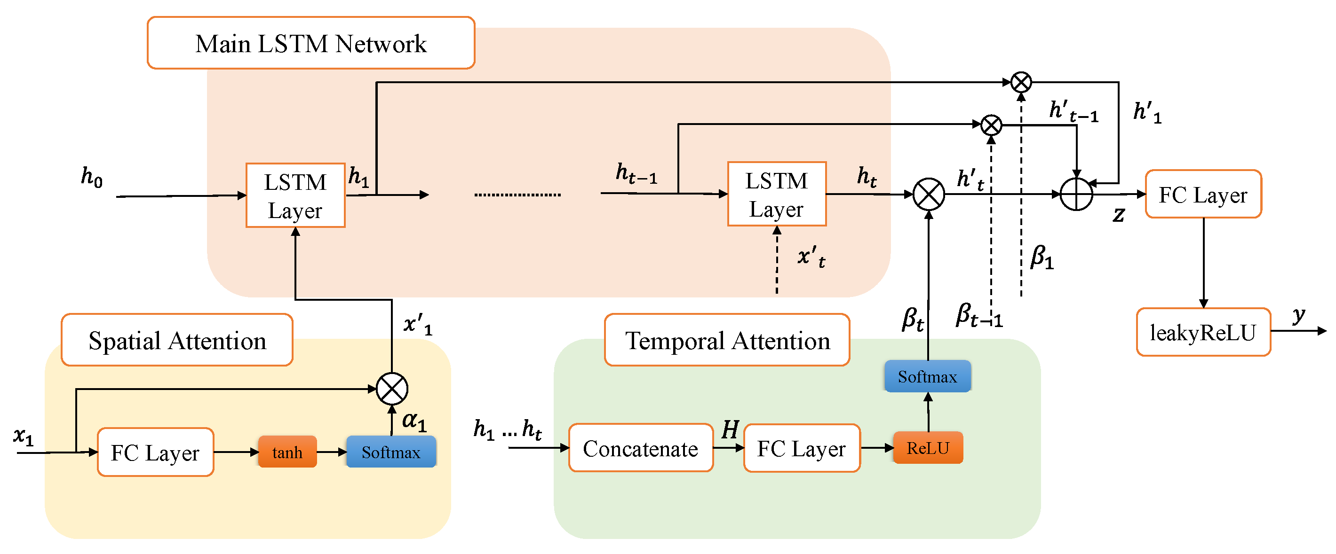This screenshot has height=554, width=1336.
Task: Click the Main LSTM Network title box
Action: point(310,43)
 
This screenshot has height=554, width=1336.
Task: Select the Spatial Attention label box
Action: point(177,340)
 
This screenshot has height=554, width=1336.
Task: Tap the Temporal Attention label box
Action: point(727,340)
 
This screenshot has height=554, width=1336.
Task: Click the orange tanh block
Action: point(287,452)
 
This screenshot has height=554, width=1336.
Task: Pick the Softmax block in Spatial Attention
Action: point(391,452)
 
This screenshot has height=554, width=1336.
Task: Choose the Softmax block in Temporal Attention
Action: point(927,376)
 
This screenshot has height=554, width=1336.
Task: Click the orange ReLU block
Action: point(928,447)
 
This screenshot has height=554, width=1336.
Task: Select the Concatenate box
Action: point(641,448)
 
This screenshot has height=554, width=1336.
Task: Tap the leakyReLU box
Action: point(1203,332)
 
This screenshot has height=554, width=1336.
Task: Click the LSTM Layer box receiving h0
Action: point(295,196)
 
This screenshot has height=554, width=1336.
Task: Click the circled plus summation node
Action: point(1076,195)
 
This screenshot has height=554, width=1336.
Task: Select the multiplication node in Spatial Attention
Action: point(391,389)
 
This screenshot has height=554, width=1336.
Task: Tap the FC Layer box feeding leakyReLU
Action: point(1203,195)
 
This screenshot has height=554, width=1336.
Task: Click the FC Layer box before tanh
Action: point(155,453)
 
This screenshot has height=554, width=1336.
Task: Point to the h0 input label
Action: point(92,177)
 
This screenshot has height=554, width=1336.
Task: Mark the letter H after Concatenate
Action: point(730,429)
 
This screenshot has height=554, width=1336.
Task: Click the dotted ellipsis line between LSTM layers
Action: point(517,195)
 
